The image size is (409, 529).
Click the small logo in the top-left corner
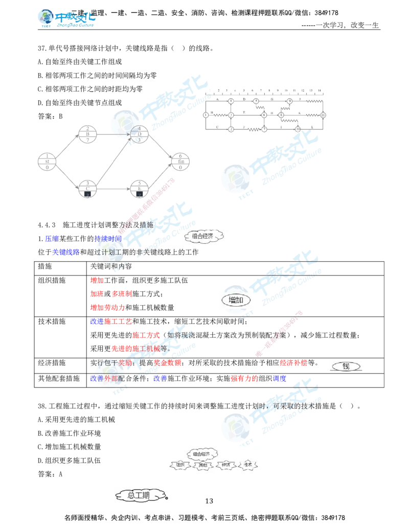click(66, 18)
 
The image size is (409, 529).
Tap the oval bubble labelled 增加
click(236, 300)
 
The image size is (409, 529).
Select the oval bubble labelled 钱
click(346, 366)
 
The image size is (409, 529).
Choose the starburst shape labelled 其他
click(202, 465)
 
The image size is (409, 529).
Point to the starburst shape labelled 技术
click(248, 465)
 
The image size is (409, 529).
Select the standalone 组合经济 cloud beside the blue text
click(202, 237)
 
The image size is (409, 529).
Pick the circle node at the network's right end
click(180, 162)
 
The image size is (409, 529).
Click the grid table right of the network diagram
click(265, 110)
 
